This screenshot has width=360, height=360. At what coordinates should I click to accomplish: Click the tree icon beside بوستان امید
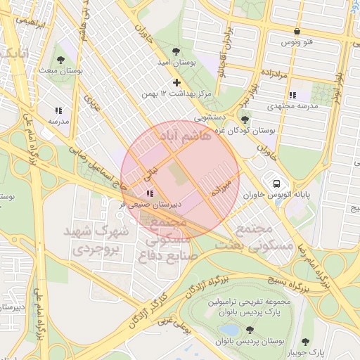(x=177, y=51)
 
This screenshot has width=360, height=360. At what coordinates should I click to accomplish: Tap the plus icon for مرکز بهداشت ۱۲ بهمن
(x=177, y=83)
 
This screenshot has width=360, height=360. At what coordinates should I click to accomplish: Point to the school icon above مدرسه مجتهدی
(x=292, y=95)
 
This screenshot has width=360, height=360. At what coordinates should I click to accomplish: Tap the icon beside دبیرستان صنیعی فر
(x=149, y=193)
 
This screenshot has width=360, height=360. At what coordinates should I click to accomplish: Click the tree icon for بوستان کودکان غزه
(x=245, y=120)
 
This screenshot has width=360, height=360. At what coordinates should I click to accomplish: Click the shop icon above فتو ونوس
(x=297, y=32)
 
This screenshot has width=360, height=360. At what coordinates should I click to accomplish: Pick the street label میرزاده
(x=220, y=186)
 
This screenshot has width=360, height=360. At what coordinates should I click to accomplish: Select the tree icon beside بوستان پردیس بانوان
(x=250, y=330)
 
